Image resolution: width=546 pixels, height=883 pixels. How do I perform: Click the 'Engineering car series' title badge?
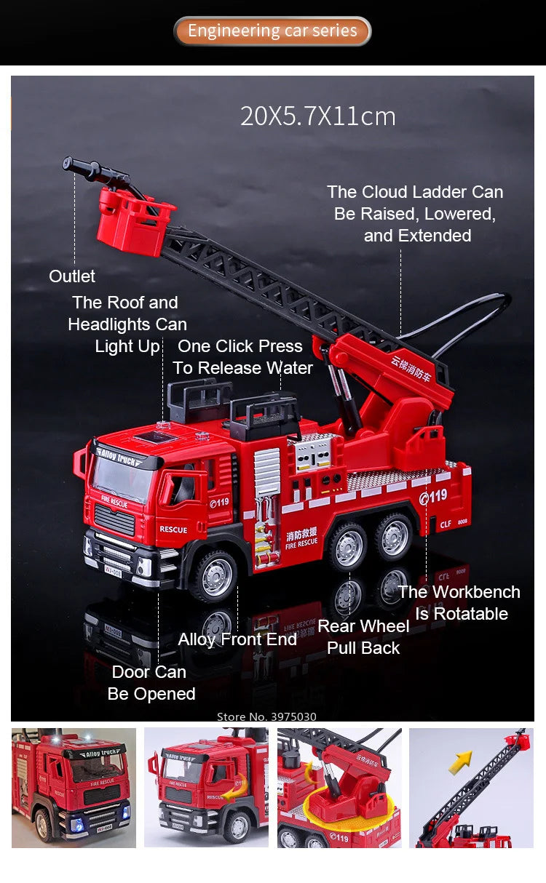click(x=272, y=31)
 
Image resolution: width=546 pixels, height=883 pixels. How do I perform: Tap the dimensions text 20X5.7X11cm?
click(x=318, y=116)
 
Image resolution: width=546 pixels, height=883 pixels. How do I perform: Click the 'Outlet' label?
click(x=72, y=276)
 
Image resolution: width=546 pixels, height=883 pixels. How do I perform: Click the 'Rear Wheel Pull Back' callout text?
click(x=363, y=637)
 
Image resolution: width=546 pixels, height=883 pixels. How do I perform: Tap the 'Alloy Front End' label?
click(x=237, y=639)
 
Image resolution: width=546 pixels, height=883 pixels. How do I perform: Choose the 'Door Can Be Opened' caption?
click(x=151, y=683)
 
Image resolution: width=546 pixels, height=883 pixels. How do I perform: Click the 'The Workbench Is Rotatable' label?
click(x=460, y=603)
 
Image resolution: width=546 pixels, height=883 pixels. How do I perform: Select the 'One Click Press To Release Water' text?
click(x=242, y=357)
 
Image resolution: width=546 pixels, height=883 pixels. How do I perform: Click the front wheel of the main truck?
click(x=215, y=576)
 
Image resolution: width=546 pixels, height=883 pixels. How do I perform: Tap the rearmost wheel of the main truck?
click(x=395, y=536)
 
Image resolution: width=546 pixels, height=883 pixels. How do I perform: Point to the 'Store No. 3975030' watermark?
click(x=266, y=716)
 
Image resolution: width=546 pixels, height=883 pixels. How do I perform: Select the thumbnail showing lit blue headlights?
click(x=74, y=788)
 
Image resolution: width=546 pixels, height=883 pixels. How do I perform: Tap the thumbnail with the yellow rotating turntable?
click(x=339, y=788)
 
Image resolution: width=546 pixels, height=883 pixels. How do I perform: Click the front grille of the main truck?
click(x=114, y=520)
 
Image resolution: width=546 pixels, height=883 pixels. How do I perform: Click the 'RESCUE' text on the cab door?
click(x=173, y=530)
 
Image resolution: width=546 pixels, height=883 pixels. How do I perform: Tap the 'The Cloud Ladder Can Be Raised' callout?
click(x=415, y=214)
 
